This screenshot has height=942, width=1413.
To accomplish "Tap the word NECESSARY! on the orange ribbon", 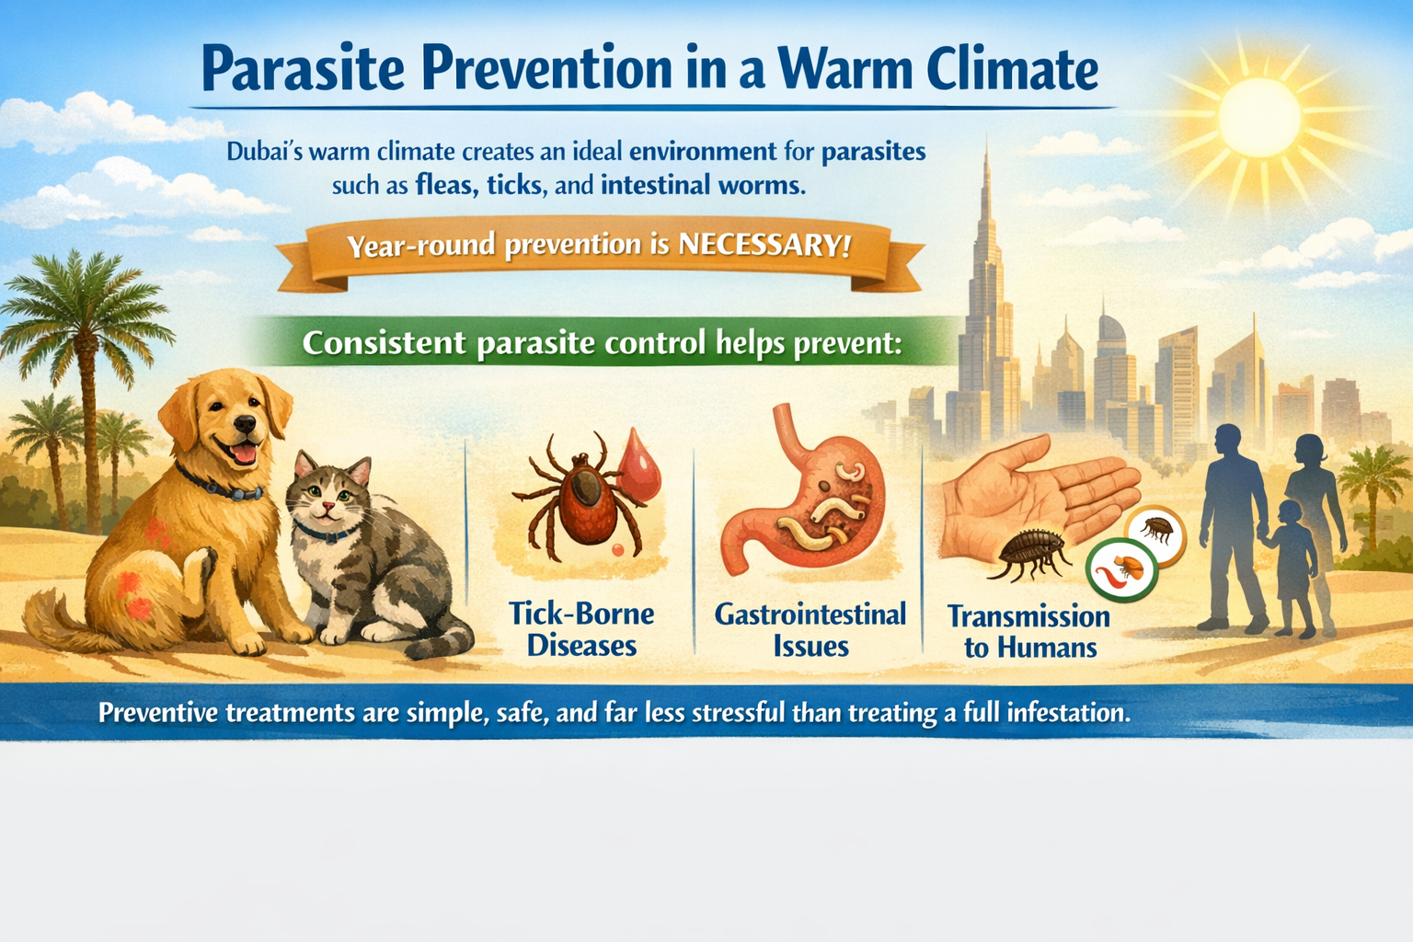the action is [764, 244].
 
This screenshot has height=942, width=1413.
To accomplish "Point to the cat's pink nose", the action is [328, 506].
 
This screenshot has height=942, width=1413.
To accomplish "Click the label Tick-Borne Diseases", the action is [581, 629].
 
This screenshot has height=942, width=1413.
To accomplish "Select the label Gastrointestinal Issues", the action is [810, 629].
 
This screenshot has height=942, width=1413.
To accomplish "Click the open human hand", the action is [1035, 499].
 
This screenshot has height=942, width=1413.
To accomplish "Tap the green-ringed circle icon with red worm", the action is [1121, 570].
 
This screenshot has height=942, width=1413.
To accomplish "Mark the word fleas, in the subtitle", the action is [446, 186].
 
